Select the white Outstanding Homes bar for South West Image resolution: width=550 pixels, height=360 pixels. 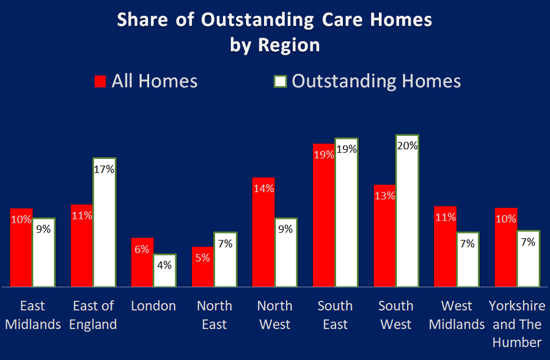tap(407, 211)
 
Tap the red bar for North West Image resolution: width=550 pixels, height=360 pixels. tap(263, 232)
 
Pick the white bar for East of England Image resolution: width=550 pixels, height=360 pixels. tap(104, 222)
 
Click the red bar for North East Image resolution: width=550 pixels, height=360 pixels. tap(202, 266)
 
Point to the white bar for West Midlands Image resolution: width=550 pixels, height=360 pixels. tap(468, 259)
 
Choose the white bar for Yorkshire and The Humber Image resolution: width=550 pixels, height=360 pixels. tap(528, 258)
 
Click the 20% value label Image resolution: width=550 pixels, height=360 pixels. tap(407, 145)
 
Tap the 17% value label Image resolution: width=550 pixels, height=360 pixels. tap(104, 169)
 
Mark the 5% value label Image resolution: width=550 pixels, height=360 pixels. tap(203, 258)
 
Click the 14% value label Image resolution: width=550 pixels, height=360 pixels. tap(263, 189)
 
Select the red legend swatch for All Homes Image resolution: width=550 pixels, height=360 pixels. tap(100, 82)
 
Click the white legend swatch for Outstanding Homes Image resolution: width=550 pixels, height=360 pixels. tap(280, 82)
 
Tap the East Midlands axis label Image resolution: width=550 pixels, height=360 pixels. tap(32, 315)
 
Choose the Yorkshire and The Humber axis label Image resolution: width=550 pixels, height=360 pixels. tap(517, 324)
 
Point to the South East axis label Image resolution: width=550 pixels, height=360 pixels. tap(335, 315)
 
